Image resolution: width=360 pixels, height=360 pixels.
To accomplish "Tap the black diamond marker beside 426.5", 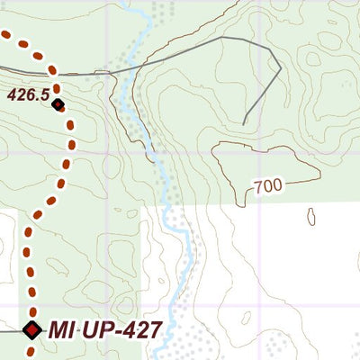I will tap(58, 105).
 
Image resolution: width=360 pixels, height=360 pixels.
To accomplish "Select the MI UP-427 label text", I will tap(104, 329).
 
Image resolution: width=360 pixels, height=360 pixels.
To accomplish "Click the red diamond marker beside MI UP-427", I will tap(32, 330).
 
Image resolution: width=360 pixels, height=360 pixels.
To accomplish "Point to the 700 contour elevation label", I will tap(267, 186).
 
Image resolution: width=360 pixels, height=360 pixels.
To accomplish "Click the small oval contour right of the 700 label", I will tap(311, 216).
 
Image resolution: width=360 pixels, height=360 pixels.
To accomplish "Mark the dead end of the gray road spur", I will tap(245, 123).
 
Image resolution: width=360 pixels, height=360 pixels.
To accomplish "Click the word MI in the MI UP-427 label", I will tap(59, 329).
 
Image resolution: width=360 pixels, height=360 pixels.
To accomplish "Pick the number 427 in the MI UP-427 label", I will tap(139, 329).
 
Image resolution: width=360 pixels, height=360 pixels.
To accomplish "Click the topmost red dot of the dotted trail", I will tap(5, 35).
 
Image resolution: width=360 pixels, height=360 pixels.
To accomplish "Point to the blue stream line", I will tap(167, 180).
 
